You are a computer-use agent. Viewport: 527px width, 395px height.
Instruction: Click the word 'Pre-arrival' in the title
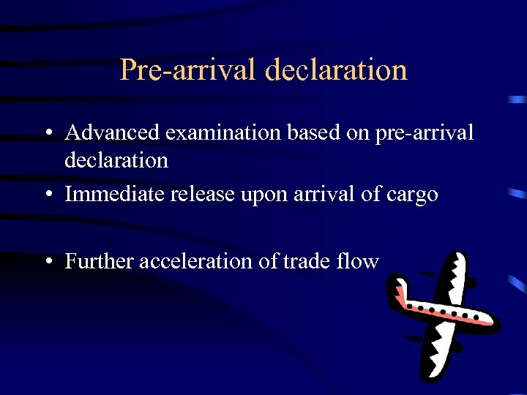pyautogui.click(x=187, y=70)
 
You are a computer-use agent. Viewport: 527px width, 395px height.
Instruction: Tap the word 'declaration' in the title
pyautogui.click(x=336, y=70)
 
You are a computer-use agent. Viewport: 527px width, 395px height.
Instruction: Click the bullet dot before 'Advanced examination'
pyautogui.click(x=47, y=134)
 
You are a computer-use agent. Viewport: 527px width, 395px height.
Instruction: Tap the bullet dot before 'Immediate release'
pyautogui.click(x=47, y=195)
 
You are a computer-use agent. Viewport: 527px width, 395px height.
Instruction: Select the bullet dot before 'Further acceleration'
pyautogui.click(x=47, y=261)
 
